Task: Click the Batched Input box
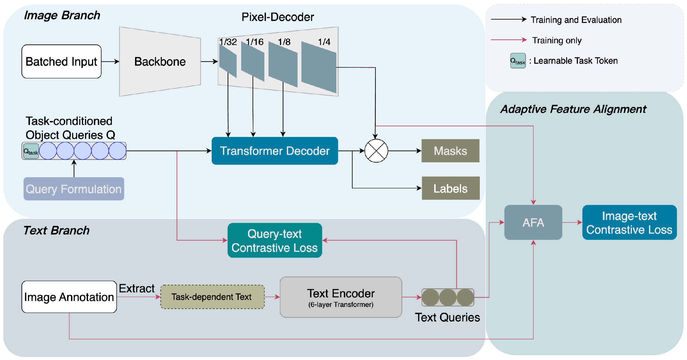(x=61, y=61)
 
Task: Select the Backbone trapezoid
(x=160, y=61)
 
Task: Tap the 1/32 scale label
(x=228, y=42)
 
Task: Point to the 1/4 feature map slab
(x=319, y=67)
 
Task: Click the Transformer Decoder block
(x=275, y=151)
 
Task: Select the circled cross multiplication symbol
(x=376, y=151)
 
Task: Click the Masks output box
(x=450, y=151)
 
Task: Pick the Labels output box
(x=450, y=188)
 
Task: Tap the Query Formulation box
(x=74, y=189)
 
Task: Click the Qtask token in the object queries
(x=31, y=151)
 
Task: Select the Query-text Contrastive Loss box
(x=275, y=241)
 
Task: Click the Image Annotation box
(x=69, y=297)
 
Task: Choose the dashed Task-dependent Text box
(x=212, y=297)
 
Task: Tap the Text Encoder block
(x=341, y=297)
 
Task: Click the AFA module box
(x=533, y=222)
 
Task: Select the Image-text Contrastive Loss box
(x=629, y=222)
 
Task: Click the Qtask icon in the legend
(x=518, y=61)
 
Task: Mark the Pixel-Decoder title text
(x=277, y=17)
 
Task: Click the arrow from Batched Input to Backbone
(x=110, y=61)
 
